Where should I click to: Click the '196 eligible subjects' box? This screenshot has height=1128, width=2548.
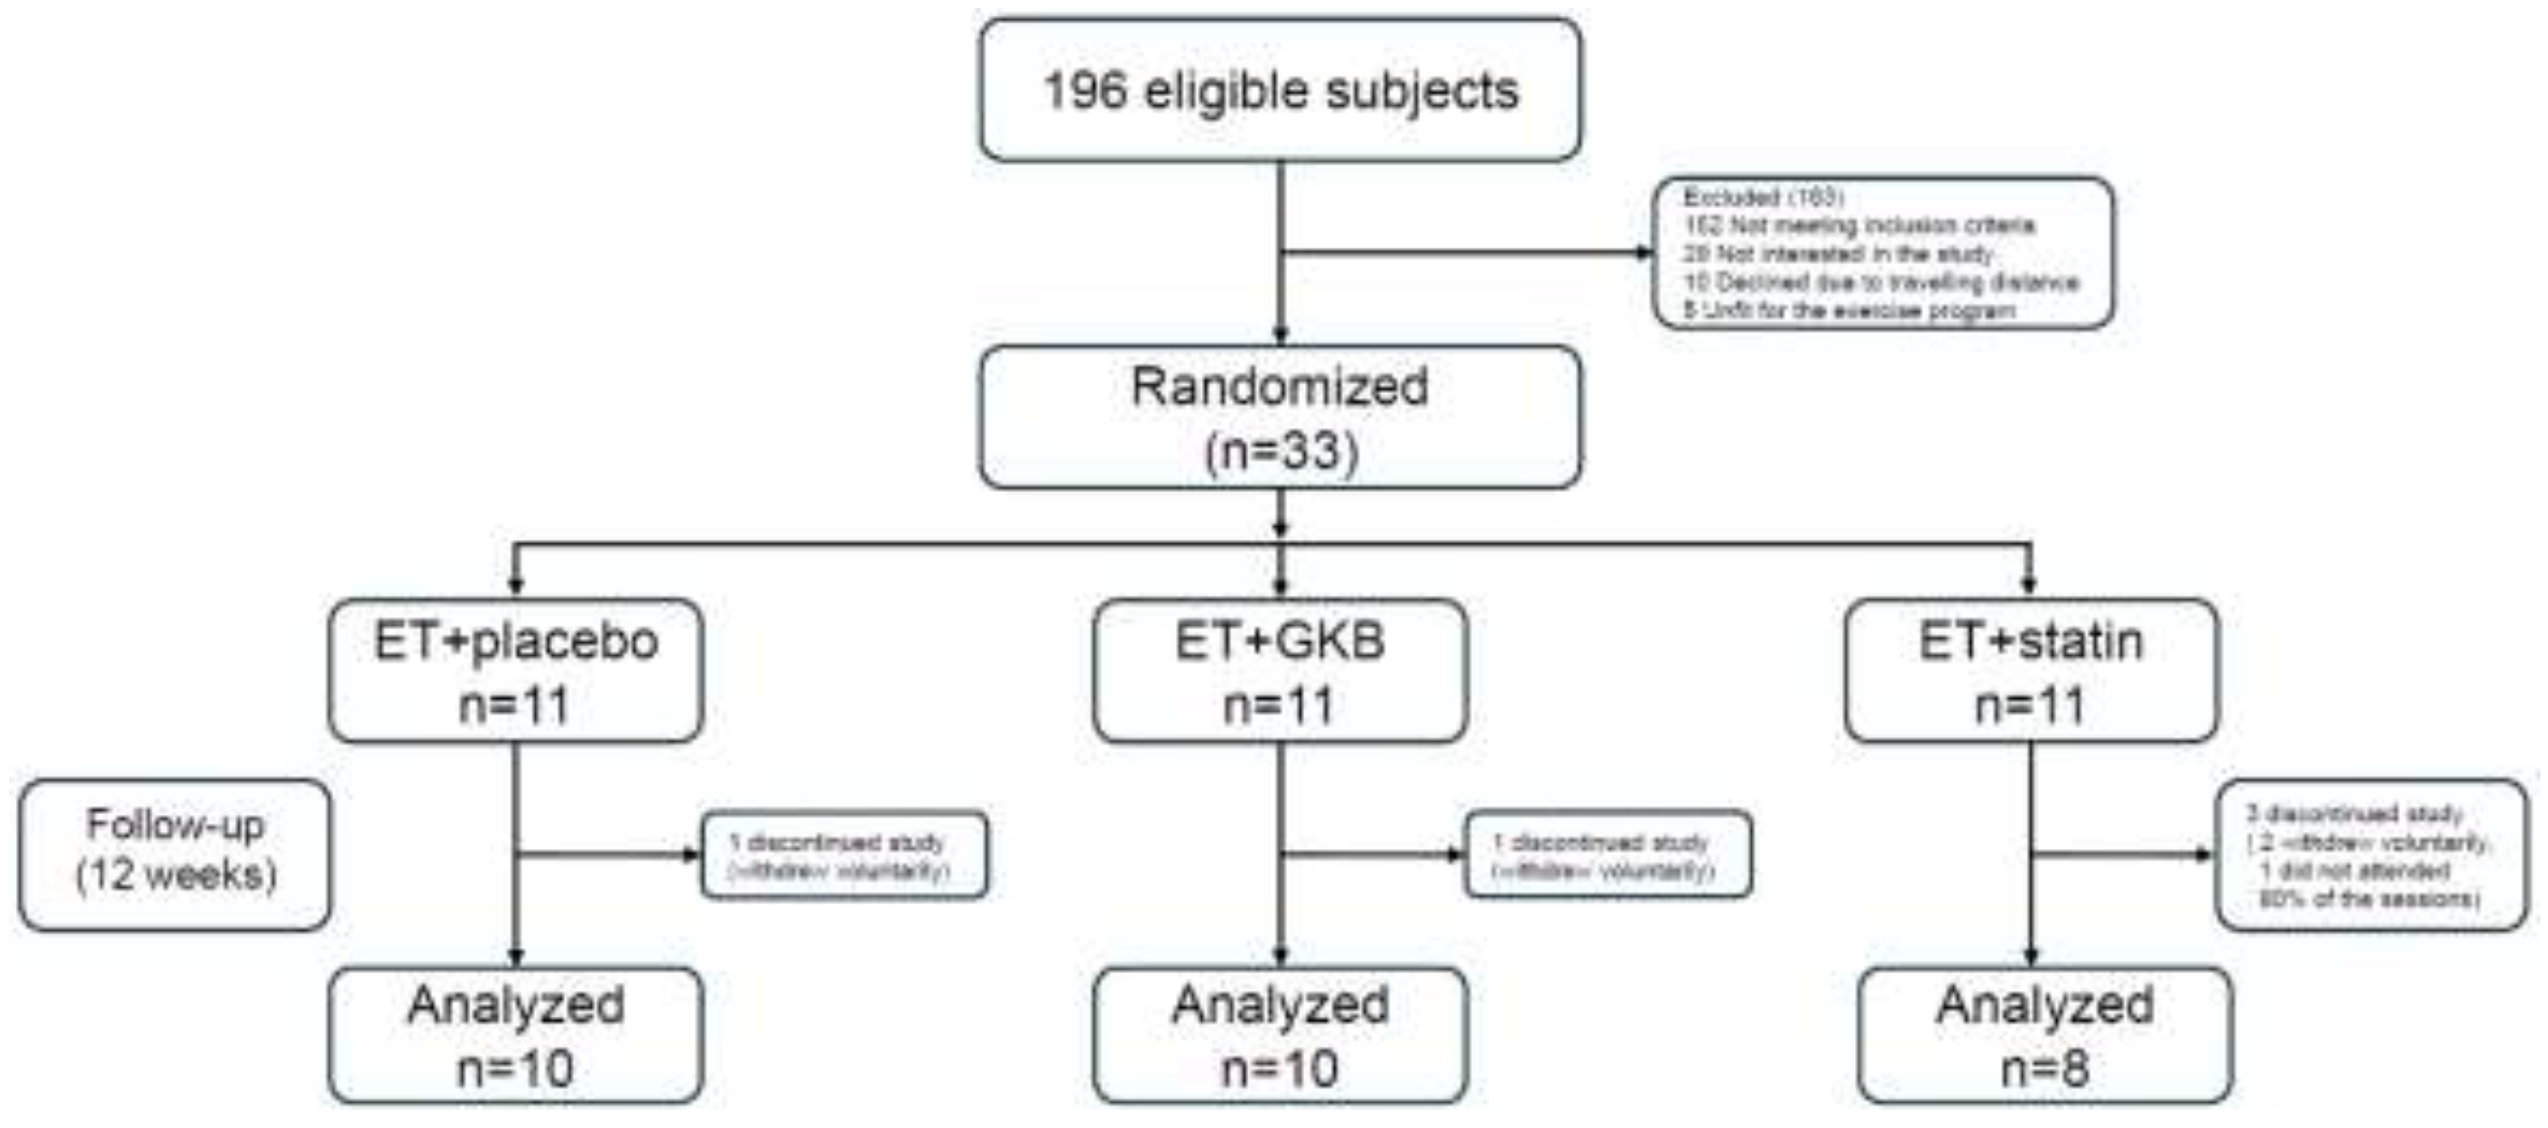click(x=1280, y=90)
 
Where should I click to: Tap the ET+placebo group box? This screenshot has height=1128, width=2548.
click(x=515, y=671)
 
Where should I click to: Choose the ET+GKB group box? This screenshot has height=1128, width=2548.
click(x=1280, y=671)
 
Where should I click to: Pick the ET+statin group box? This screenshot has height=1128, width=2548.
click(x=2031, y=671)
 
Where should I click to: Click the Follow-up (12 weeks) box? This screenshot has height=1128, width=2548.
click(x=175, y=854)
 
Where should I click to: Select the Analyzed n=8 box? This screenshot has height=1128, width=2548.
click(x=2045, y=1035)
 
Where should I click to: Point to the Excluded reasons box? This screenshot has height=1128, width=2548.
click(x=1883, y=253)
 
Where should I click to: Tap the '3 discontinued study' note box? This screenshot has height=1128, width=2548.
click(x=2371, y=855)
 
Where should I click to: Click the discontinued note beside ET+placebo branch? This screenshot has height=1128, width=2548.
click(x=844, y=855)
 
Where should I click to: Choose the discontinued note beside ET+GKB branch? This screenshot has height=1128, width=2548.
click(x=1607, y=855)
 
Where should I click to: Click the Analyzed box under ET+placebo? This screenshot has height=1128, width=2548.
click(x=515, y=1035)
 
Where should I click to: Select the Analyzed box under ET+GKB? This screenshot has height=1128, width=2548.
click(x=1280, y=1035)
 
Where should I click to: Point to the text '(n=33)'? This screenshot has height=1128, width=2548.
click(x=1281, y=450)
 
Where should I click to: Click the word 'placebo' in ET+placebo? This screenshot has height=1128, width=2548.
click(x=565, y=641)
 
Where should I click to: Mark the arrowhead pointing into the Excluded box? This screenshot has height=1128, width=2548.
click(x=1645, y=253)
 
